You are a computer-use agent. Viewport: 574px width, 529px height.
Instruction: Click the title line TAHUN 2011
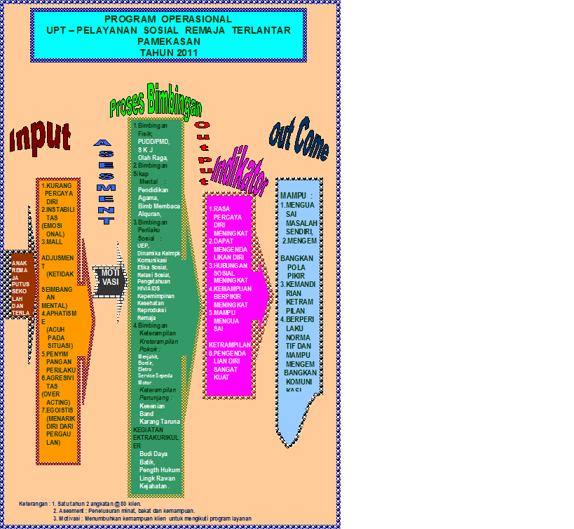168,52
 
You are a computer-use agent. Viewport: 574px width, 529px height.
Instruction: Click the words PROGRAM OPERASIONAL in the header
168,19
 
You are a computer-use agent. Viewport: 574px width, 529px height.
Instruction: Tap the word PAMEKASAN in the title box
168,41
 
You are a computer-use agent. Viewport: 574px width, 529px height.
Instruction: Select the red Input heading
41,139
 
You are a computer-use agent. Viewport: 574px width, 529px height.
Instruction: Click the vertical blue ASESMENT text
104,180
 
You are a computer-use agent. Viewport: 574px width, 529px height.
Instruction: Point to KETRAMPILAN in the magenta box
229,345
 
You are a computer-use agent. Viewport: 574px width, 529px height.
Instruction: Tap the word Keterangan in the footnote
34,504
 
